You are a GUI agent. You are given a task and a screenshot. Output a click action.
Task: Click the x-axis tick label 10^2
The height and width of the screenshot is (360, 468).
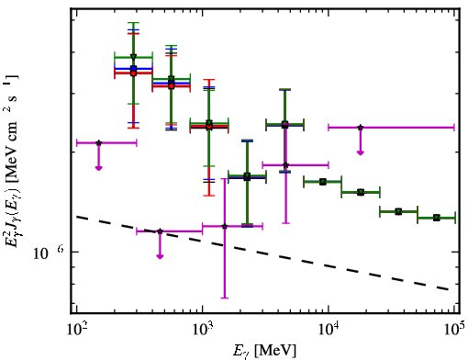click(77, 330)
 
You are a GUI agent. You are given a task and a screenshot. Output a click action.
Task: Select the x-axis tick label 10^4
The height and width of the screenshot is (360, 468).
click(329, 330)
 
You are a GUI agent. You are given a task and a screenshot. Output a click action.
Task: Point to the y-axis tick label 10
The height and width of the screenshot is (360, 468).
click(40, 253)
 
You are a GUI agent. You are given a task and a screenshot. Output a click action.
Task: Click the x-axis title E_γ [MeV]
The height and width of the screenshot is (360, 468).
click(264, 351)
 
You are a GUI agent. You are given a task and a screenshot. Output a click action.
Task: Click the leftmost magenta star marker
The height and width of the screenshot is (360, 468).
click(98, 142)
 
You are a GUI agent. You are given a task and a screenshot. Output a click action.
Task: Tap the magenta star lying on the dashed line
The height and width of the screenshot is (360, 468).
click(160, 231)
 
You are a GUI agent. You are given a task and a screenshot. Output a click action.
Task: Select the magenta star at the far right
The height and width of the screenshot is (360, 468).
click(361, 127)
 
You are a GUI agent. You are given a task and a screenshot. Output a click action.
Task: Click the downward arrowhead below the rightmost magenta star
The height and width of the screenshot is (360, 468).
click(361, 152)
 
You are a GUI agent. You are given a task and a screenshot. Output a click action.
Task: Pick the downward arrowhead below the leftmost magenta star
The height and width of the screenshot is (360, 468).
click(98, 168)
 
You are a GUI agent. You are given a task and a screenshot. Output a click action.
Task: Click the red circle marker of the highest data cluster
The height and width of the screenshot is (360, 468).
click(133, 73)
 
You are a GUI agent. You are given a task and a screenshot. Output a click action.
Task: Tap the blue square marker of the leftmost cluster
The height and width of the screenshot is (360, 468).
click(133, 69)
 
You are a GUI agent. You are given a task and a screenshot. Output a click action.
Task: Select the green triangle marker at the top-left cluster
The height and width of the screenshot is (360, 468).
click(133, 57)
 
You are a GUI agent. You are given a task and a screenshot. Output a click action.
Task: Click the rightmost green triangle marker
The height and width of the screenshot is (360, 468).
click(437, 218)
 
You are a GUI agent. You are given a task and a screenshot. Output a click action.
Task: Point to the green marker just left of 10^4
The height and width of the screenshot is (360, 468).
click(322, 182)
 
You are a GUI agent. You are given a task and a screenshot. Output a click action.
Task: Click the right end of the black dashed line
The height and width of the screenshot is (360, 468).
click(449, 289)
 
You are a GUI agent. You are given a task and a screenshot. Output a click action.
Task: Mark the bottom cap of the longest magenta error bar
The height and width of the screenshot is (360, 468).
click(225, 298)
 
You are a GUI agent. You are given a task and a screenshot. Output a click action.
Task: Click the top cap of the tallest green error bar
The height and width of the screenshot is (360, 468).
click(133, 23)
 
